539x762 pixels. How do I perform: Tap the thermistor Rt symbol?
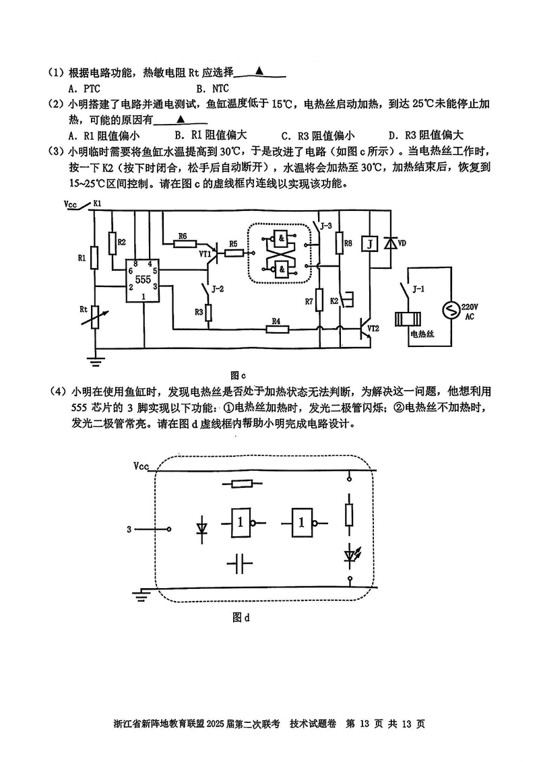(x=95, y=317)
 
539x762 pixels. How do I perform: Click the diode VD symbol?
(x=388, y=243)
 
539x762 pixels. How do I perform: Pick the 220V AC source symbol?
(x=451, y=311)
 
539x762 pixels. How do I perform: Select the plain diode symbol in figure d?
(x=201, y=526)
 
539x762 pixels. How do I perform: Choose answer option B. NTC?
(x=213, y=88)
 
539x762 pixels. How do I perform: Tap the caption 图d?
(x=241, y=618)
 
